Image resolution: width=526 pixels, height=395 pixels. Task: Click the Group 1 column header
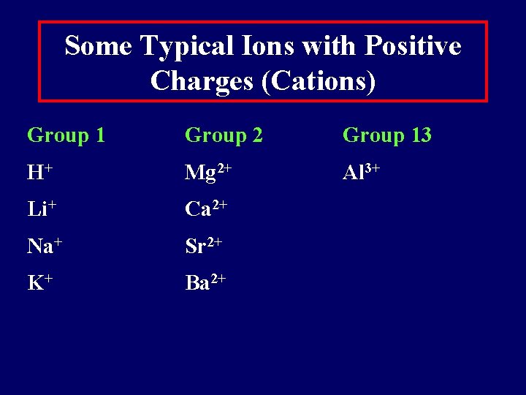[x=66, y=135]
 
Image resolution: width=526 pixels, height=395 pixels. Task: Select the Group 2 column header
[x=224, y=135]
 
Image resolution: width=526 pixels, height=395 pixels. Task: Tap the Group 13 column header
[x=386, y=135]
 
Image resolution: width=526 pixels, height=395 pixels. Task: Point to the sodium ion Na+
[x=44, y=246]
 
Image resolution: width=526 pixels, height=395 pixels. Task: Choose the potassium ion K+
[x=39, y=282]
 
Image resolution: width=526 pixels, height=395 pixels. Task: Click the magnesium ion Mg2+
[x=208, y=173]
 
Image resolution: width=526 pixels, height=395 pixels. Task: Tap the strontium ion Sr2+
[x=204, y=246]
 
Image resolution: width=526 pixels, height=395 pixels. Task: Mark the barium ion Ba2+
[x=205, y=282]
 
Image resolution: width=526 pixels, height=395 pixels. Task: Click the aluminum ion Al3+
[x=361, y=173]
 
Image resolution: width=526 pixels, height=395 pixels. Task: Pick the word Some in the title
[x=98, y=46]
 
